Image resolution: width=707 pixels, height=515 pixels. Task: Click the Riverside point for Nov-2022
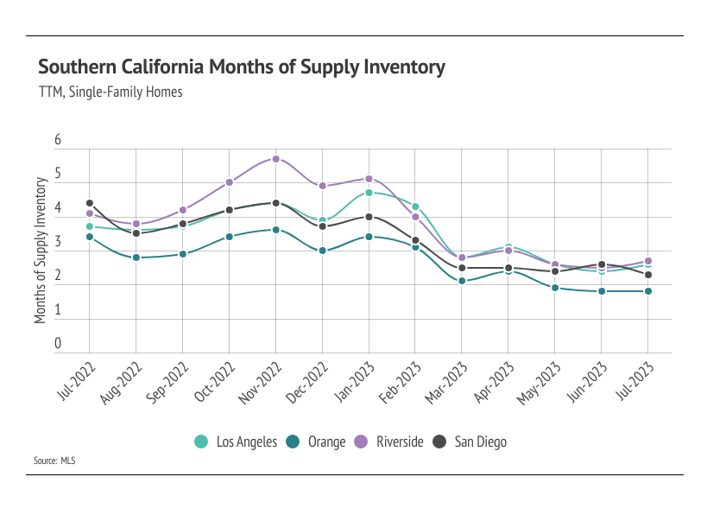pyautogui.click(x=276, y=159)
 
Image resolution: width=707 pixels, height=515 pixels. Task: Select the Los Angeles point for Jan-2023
pyautogui.click(x=369, y=193)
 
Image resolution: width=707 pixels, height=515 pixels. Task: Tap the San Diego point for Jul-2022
pyautogui.click(x=90, y=203)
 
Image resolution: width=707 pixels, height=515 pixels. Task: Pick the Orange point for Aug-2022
pyautogui.click(x=136, y=257)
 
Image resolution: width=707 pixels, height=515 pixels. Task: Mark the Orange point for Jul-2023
pyautogui.click(x=648, y=291)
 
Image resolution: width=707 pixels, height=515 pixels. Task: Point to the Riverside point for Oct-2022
pyautogui.click(x=230, y=182)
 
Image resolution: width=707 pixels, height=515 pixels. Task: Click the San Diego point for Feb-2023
pyautogui.click(x=415, y=240)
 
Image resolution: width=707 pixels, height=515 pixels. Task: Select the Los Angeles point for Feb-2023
pyautogui.click(x=415, y=207)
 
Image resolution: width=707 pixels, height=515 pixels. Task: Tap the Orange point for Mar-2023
pyautogui.click(x=462, y=281)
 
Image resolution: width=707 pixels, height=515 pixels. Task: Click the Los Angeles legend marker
pyautogui.click(x=201, y=442)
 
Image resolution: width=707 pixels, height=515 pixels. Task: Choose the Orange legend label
pyautogui.click(x=326, y=442)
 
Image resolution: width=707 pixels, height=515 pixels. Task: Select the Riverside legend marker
pyautogui.click(x=361, y=442)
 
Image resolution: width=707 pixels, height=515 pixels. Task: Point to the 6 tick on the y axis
pyautogui.click(x=58, y=140)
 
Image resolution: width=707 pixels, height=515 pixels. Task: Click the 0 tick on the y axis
pyautogui.click(x=58, y=344)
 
